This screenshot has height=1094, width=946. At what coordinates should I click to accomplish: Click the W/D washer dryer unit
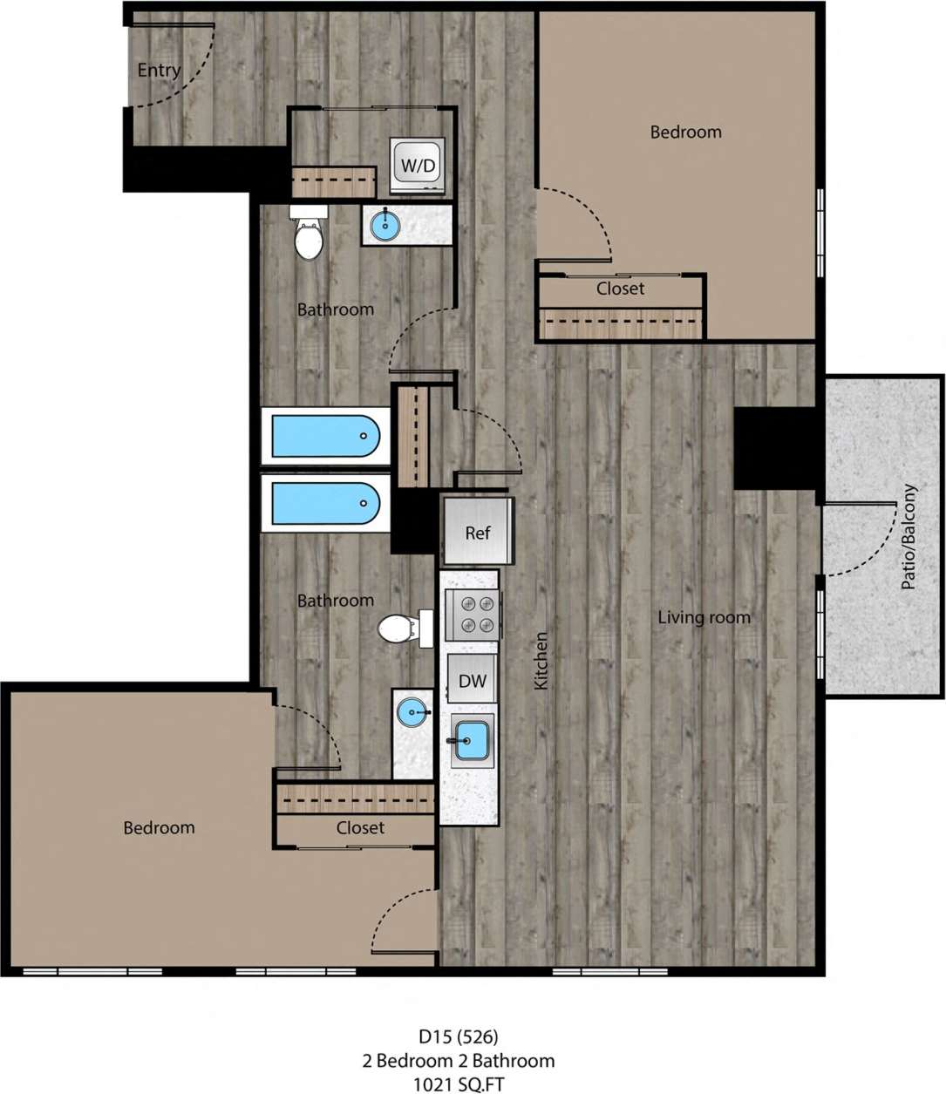tap(418, 165)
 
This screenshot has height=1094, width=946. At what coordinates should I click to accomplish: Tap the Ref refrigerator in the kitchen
tap(477, 532)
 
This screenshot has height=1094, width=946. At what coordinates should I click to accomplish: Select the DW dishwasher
tap(472, 681)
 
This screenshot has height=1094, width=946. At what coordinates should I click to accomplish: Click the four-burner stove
tap(473, 614)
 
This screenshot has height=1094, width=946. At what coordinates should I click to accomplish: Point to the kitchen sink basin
tap(473, 740)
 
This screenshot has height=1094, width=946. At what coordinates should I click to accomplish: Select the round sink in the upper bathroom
tap(385, 226)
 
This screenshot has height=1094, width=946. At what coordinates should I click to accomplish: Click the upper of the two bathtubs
tap(325, 436)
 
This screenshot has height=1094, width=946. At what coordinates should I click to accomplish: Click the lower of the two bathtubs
tap(325, 504)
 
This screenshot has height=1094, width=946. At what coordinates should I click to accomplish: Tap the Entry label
tap(159, 71)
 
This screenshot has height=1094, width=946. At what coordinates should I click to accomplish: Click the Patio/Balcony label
tap(909, 536)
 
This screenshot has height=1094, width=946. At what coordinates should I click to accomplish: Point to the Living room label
tap(704, 618)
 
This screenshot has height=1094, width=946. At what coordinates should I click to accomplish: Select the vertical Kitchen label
tap(541, 661)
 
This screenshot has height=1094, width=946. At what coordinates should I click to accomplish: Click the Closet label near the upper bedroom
tap(620, 289)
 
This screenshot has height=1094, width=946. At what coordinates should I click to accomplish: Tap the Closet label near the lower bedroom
tap(360, 827)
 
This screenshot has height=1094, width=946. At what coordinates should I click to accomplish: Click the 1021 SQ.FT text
tap(458, 1084)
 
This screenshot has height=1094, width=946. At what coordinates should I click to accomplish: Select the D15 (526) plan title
tap(458, 1036)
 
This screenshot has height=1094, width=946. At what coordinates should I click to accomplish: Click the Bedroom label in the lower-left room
tap(159, 827)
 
